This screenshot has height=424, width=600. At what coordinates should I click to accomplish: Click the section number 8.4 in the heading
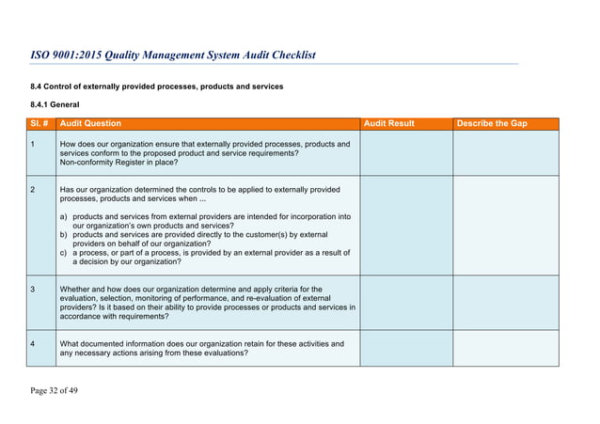click(38, 86)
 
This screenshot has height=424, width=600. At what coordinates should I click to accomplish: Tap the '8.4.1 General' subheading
click(55, 103)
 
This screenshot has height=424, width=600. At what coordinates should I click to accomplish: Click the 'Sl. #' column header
click(40, 124)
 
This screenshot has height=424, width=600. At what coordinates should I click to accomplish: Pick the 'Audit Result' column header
click(388, 124)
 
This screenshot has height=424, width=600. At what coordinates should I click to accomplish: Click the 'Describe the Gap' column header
click(491, 124)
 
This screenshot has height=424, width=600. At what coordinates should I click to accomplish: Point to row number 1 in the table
click(33, 145)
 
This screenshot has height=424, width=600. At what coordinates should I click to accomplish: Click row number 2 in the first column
click(33, 190)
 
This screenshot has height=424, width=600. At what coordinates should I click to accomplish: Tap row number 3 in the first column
click(33, 289)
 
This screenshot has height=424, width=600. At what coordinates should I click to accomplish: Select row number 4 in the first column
click(33, 344)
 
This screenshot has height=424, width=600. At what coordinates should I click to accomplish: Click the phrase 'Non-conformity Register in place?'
click(118, 164)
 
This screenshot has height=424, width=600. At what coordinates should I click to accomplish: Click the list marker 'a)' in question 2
click(64, 216)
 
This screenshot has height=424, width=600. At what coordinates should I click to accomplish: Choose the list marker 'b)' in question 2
click(64, 234)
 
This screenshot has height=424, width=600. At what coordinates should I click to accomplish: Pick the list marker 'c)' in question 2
click(64, 252)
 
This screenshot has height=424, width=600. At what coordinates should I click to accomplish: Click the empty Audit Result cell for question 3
click(405, 302)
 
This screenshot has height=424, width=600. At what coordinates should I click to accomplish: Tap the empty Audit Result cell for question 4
click(405, 348)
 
